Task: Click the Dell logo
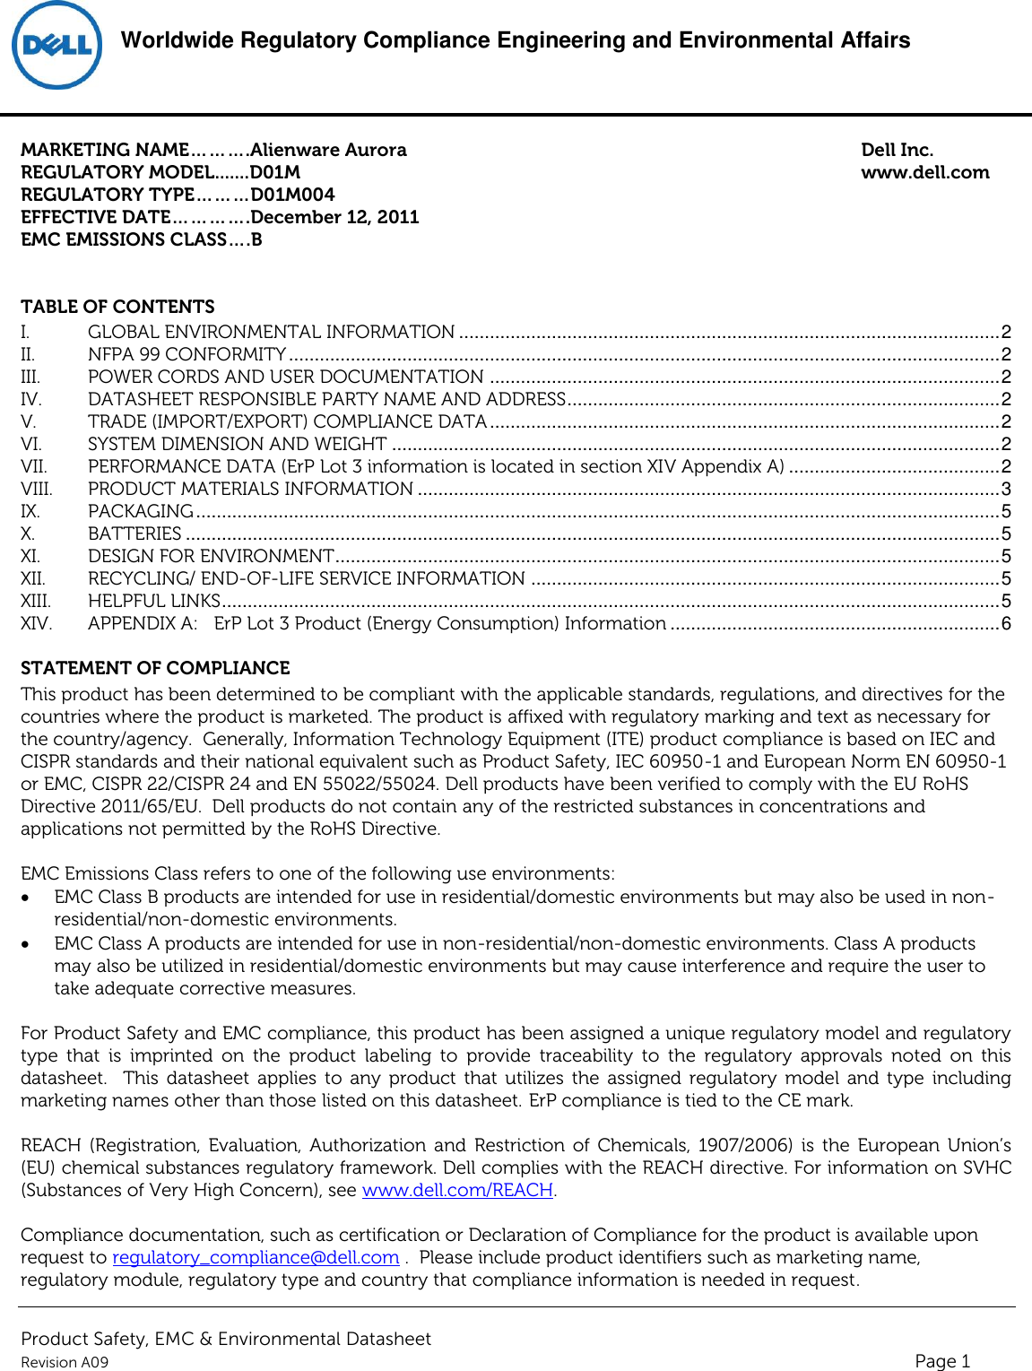pyautogui.click(x=56, y=45)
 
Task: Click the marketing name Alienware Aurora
pyautogui.click(x=328, y=150)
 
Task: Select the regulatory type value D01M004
pyautogui.click(x=292, y=195)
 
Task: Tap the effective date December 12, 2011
pyautogui.click(x=334, y=217)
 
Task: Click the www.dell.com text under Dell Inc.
pyautogui.click(x=924, y=172)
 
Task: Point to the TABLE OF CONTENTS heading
pyautogui.click(x=117, y=307)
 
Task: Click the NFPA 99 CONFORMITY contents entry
pyautogui.click(x=186, y=354)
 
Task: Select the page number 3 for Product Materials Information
pyautogui.click(x=1006, y=489)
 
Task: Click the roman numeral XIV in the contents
pyautogui.click(x=36, y=623)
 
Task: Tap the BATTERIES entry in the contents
pyautogui.click(x=134, y=534)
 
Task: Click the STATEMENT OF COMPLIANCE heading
pyautogui.click(x=155, y=668)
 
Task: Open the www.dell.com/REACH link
pyautogui.click(x=457, y=1190)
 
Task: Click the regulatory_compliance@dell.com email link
pyautogui.click(x=256, y=1257)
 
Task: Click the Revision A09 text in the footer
pyautogui.click(x=65, y=1362)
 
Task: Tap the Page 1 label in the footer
pyautogui.click(x=942, y=1360)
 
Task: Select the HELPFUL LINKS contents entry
pyautogui.click(x=154, y=601)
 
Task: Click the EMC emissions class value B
pyautogui.click(x=256, y=239)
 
